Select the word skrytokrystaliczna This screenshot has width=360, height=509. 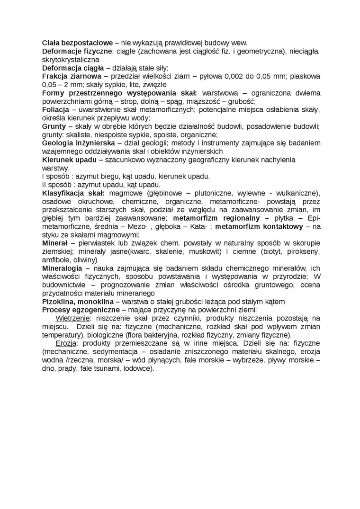70,60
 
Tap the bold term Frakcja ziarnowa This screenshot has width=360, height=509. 72,76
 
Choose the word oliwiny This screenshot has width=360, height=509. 84,260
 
